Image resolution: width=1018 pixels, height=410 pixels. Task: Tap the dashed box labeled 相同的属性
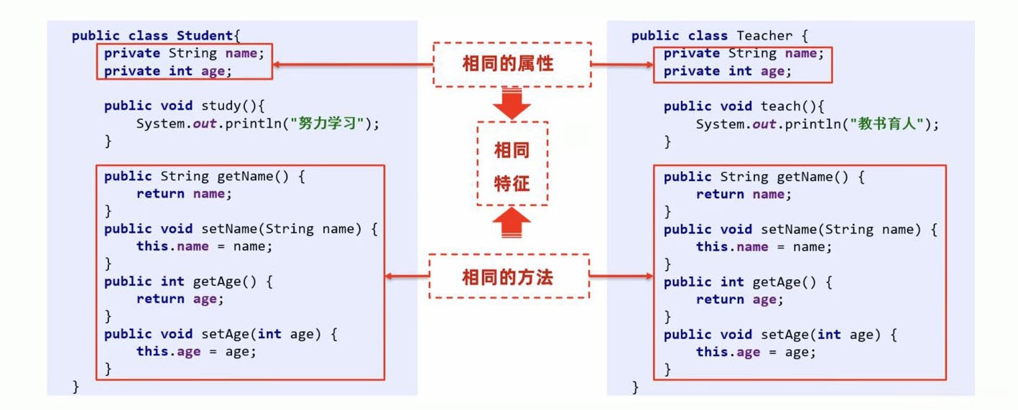pos(511,64)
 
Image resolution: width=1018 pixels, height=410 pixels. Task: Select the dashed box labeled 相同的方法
pos(509,276)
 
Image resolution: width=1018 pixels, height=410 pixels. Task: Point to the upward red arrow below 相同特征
pos(512,223)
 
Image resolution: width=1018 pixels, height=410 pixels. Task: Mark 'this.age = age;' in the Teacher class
pos(756,352)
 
